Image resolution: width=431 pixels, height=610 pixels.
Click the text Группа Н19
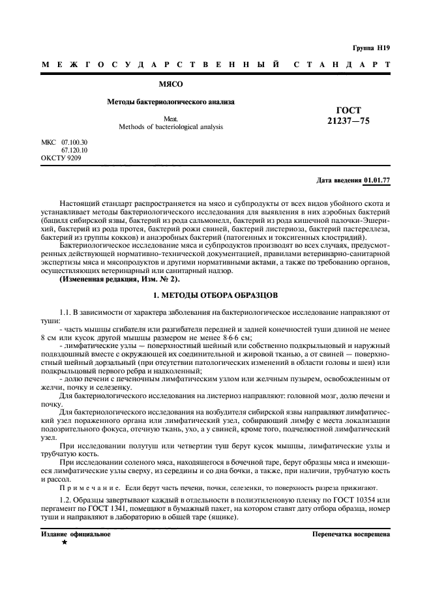(x=371, y=48)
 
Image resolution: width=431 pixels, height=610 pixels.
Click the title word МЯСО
(x=171, y=84)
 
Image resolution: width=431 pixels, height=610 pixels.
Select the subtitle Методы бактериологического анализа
(x=171, y=102)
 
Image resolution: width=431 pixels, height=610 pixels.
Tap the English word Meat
(x=171, y=119)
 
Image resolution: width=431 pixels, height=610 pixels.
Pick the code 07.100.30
(x=74, y=141)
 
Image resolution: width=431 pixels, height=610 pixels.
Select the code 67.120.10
(x=74, y=150)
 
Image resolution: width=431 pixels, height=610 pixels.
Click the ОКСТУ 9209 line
(x=61, y=158)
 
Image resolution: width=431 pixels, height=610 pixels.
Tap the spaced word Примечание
(x=87, y=487)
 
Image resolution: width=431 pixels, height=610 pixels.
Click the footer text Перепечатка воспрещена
(x=351, y=534)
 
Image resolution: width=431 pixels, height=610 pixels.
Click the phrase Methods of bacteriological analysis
(x=171, y=126)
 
